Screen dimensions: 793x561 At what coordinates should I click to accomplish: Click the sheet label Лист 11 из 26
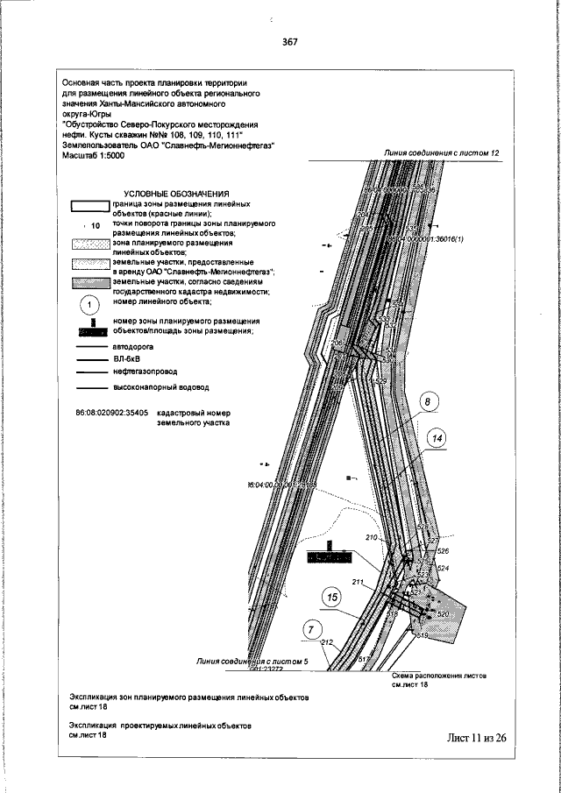tap(476, 737)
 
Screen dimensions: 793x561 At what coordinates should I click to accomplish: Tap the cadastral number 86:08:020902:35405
tap(109, 411)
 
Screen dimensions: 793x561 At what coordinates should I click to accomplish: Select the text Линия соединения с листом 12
tap(442, 153)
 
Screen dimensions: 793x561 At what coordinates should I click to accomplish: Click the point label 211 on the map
tap(358, 582)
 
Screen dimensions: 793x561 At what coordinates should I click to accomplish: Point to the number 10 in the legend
tap(96, 226)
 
